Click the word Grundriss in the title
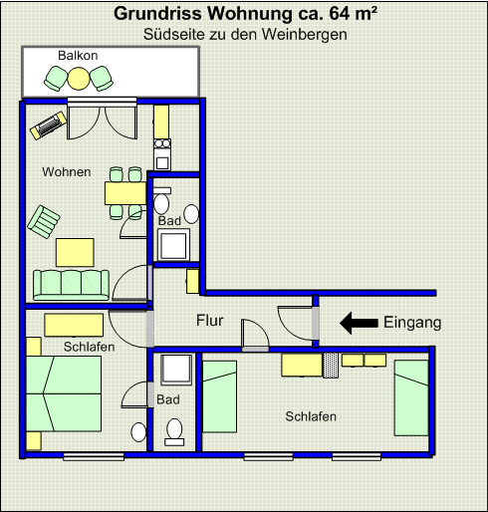[x=155, y=14]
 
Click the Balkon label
[x=77, y=55]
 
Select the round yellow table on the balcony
[x=79, y=78]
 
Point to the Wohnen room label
[x=67, y=172]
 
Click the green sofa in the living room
[x=71, y=285]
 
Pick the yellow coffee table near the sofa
[x=75, y=252]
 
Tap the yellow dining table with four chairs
[x=124, y=192]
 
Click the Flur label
[x=209, y=321]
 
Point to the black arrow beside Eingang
[x=359, y=323]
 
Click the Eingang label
[x=411, y=323]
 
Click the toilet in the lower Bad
[x=175, y=430]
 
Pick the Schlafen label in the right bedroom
[x=311, y=416]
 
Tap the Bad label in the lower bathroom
[x=168, y=399]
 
